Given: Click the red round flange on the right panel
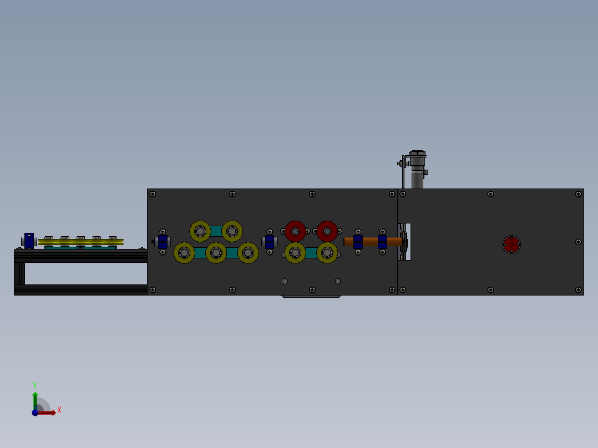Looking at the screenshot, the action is pyautogui.click(x=511, y=245).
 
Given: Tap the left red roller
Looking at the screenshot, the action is pyautogui.click(x=295, y=231).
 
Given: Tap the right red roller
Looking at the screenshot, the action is pyautogui.click(x=327, y=231).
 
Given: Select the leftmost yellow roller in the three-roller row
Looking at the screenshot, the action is pyautogui.click(x=184, y=252).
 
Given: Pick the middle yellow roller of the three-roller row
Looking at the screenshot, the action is pyautogui.click(x=216, y=252).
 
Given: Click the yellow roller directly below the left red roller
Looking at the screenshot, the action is pyautogui.click(x=295, y=252).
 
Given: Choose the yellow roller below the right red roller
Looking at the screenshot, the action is pyautogui.click(x=327, y=252).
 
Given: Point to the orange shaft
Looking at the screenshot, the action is pyautogui.click(x=372, y=242).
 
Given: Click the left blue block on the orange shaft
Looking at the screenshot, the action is pyautogui.click(x=358, y=242).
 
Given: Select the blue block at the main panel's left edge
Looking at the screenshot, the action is pyautogui.click(x=163, y=242).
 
